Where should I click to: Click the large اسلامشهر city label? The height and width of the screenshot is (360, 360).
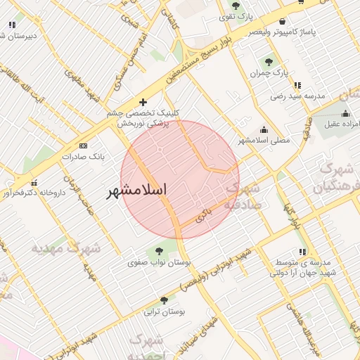[x=136, y=191]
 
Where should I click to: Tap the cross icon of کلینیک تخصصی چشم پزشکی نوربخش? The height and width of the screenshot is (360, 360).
[x=143, y=102]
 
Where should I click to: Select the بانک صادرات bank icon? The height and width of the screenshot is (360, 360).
[x=83, y=146]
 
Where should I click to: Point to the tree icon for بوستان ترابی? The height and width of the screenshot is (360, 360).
[x=164, y=300]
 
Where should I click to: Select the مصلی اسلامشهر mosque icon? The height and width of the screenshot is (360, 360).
[x=264, y=129]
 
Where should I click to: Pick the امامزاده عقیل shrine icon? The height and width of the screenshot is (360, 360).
[x=345, y=114]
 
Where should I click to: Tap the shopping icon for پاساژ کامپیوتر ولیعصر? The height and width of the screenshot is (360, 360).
[x=282, y=21]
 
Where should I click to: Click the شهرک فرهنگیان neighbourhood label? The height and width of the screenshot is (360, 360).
[x=340, y=177]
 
